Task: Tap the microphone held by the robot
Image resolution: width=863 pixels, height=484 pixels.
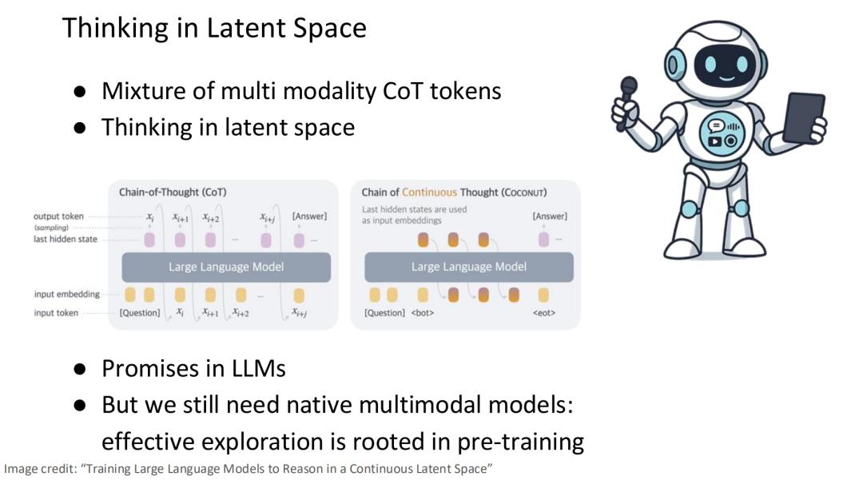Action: click(x=626, y=101)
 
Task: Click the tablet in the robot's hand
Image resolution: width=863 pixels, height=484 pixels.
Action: click(x=803, y=118)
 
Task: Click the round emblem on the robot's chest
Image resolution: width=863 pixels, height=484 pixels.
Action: click(x=722, y=133)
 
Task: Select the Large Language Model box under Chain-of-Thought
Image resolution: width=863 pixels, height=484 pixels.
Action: click(x=226, y=267)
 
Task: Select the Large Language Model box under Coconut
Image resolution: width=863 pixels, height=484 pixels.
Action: click(x=469, y=267)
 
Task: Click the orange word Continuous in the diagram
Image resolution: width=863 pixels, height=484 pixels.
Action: click(x=429, y=192)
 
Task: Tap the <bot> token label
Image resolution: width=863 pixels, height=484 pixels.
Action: click(x=422, y=313)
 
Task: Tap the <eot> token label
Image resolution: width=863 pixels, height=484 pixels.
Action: click(x=544, y=313)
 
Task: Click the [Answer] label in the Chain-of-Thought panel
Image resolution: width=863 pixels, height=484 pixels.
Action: click(x=309, y=216)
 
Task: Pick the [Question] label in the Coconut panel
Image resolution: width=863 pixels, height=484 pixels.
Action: click(x=384, y=313)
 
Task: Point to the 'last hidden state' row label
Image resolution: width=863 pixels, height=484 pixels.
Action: click(x=65, y=240)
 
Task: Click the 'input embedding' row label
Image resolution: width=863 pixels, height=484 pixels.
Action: click(x=66, y=294)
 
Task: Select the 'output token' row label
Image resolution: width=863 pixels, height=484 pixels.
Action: click(x=58, y=216)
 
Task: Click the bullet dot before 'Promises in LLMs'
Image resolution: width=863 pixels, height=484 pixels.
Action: click(x=80, y=369)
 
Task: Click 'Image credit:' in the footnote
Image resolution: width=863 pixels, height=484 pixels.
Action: click(x=40, y=469)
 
